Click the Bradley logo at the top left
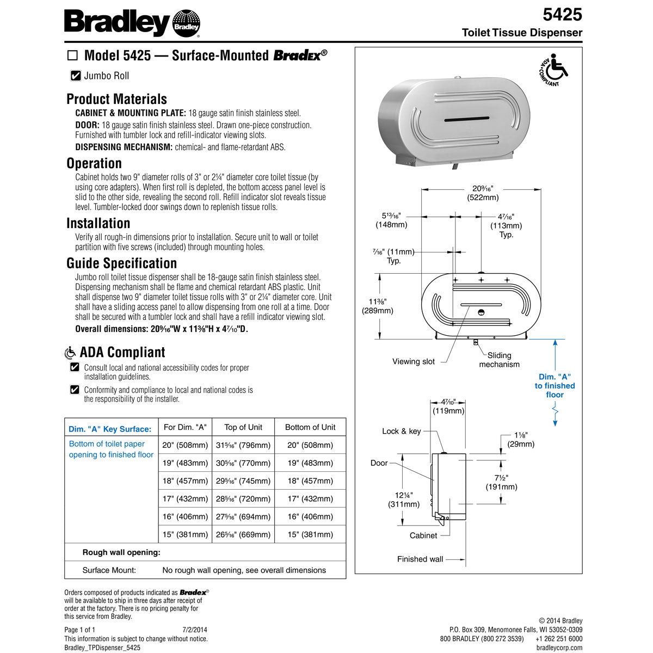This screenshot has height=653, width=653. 132,23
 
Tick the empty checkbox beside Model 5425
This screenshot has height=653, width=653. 72,56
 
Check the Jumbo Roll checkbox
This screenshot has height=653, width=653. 76,76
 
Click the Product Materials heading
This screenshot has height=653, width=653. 116,99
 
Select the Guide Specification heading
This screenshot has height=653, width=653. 121,263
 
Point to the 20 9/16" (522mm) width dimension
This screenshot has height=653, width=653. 482,193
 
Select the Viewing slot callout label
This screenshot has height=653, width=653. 414,361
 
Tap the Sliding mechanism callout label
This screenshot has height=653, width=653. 499,360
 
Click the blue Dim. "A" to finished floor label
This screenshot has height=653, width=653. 555,385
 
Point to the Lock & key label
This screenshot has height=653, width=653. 401,431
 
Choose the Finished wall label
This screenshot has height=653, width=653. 420,559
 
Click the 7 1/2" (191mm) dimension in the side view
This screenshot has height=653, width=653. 501,482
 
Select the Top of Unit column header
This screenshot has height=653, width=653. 243,427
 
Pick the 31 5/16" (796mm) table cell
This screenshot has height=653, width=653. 243,445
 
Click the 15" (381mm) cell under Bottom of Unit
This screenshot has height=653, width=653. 310,534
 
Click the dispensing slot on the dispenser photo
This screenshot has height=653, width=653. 467,118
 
